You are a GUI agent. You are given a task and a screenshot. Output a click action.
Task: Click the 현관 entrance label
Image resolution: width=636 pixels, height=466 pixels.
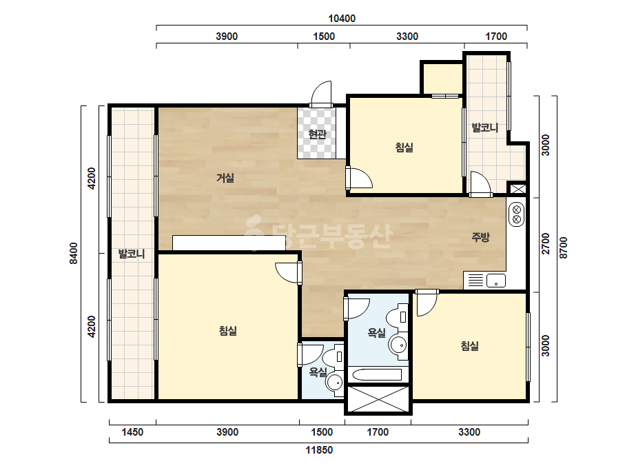point(317,134)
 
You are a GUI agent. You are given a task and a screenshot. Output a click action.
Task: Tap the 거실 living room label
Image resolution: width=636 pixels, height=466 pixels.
point(225,177)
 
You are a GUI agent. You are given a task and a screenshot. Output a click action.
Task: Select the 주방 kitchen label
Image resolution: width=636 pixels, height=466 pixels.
point(481,236)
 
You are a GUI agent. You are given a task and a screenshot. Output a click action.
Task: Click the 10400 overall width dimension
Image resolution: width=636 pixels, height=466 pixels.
point(342,18)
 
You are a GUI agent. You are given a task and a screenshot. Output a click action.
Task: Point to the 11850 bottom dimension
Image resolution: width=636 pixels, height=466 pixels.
point(319,449)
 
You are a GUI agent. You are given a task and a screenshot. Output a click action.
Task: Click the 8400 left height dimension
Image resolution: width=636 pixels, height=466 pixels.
point(74,253)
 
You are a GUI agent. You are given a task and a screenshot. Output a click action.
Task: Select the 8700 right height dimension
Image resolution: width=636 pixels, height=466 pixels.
point(564,247)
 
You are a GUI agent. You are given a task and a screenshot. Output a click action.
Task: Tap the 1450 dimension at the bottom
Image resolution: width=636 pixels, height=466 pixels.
point(132,432)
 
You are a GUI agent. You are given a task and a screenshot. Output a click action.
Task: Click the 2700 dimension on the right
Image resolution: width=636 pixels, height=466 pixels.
point(546,243)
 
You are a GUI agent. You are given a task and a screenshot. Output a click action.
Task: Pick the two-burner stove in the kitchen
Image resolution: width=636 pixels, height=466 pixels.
point(516,215)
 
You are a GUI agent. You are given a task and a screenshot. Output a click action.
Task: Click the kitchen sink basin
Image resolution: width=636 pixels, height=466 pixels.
point(495,281)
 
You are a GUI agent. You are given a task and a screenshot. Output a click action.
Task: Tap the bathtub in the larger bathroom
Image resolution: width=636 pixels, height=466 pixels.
point(378,374)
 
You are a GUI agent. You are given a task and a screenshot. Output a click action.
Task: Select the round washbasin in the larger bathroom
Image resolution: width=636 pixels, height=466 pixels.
point(398,345)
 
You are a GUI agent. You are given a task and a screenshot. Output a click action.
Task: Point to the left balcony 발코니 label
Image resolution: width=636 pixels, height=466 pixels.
point(132,254)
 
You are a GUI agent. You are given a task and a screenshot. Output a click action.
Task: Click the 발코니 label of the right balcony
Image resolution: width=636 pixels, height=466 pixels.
point(484,128)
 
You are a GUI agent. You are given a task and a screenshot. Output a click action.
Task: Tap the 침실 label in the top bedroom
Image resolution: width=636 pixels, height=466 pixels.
point(404,147)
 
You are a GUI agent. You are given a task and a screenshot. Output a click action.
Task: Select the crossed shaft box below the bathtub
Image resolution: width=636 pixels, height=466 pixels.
point(378,398)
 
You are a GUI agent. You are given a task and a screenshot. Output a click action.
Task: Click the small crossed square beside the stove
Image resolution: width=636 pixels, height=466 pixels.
point(518,189)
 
